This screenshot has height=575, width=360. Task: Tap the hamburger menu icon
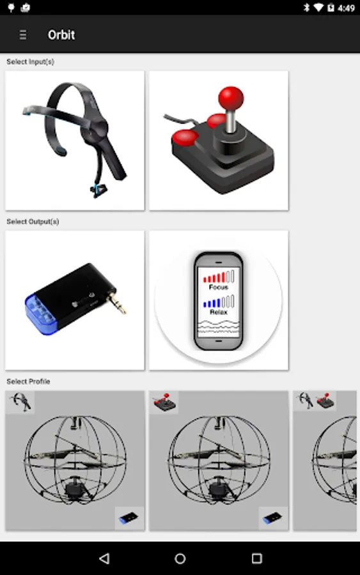coord(23,35)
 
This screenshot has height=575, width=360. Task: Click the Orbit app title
coord(61,35)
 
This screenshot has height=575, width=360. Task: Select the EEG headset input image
coord(75,141)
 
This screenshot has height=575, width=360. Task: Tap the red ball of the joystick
coord(230,98)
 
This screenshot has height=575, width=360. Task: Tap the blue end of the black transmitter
coord(40,314)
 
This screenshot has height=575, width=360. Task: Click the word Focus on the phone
coord(218,287)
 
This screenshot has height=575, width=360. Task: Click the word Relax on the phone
coord(218,312)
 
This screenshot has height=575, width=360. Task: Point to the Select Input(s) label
coord(31,61)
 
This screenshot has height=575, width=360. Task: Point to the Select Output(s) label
coord(33,222)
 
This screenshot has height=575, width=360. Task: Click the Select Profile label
coord(28,381)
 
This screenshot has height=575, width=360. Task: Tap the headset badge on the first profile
coord(20,402)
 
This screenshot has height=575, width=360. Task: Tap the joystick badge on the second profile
coord(164,402)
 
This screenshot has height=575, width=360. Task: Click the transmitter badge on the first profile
coord(129,517)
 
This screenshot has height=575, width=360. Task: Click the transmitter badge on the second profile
coord(272,517)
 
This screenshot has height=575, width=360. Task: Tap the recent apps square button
coord(257,558)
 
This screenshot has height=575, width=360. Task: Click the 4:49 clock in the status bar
coord(346,8)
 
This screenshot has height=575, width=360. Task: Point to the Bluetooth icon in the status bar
coord(307,7)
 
